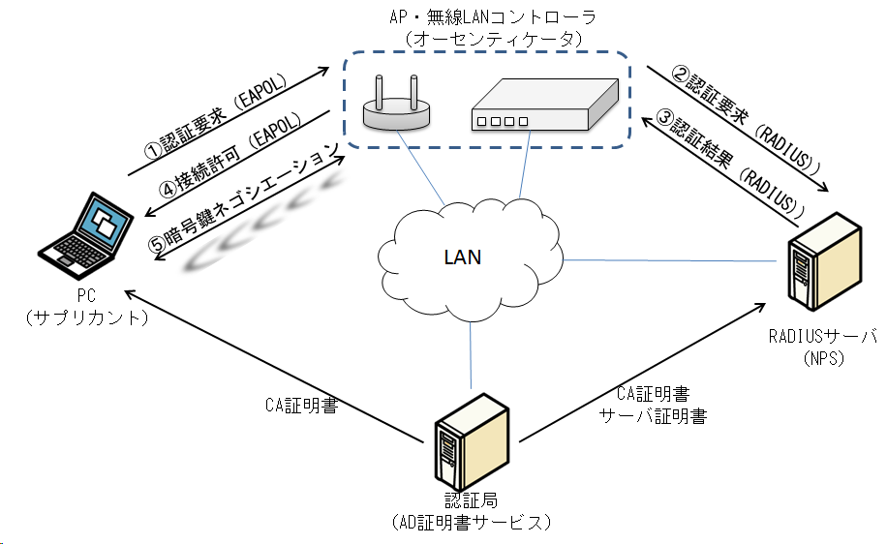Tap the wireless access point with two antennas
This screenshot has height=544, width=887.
click(x=395, y=106)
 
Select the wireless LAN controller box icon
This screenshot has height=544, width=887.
click(x=543, y=106)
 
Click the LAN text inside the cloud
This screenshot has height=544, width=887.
click(x=463, y=258)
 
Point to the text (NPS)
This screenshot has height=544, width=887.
click(x=822, y=358)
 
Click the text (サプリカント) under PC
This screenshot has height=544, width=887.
click(x=88, y=317)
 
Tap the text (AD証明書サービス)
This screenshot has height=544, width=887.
click(x=474, y=523)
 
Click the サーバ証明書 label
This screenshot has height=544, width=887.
click(x=653, y=416)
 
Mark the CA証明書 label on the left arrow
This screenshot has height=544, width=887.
click(x=301, y=406)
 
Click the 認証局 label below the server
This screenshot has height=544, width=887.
click(x=469, y=501)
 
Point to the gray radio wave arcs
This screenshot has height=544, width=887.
click(x=252, y=232)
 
